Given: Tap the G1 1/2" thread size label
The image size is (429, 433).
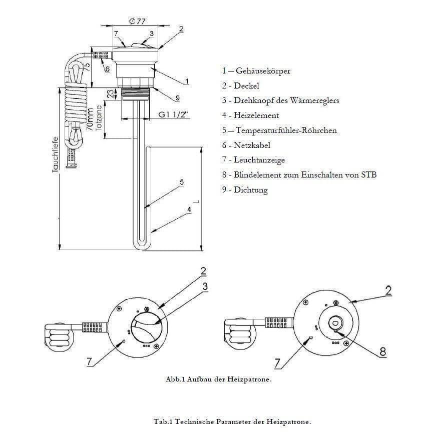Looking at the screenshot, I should tap(174, 114).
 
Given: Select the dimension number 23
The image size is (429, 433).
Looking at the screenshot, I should tap(110, 93).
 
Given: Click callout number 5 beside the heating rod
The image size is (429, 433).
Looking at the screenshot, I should tap(182, 182).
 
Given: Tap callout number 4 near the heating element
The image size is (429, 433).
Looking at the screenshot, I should tap(190, 210).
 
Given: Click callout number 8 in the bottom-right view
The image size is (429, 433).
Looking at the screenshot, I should tap(383, 351).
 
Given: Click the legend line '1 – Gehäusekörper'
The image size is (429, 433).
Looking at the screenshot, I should tap(256, 70).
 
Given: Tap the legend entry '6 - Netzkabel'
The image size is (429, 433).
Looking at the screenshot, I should tap(246, 145).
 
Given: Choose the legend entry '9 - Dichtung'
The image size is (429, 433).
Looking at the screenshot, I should tap(245, 190).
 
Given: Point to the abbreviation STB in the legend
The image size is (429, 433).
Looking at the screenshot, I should tap(368, 175).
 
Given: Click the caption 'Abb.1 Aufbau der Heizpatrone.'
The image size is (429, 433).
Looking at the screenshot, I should tap(218, 379).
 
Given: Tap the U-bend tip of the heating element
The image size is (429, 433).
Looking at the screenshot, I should tap(140, 244).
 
